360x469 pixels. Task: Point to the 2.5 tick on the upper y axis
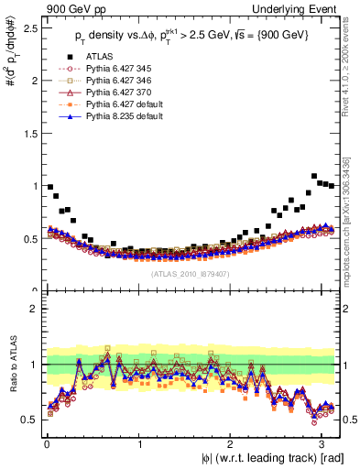click(29, 28)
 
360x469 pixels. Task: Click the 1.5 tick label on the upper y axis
click(29, 133)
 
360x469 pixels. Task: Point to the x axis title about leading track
click(275, 457)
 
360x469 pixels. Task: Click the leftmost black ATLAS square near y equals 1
click(49, 187)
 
